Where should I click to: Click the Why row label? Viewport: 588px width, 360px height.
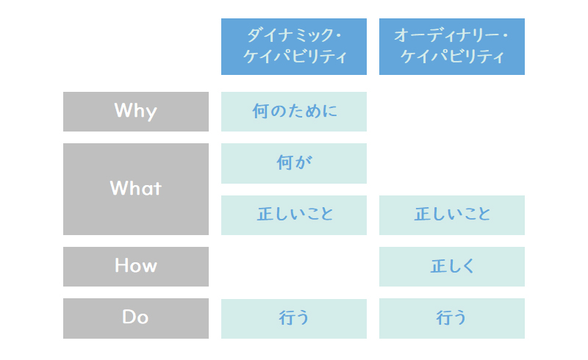click(136, 112)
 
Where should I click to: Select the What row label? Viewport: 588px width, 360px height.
click(136, 189)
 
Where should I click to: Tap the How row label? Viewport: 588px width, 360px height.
click(136, 267)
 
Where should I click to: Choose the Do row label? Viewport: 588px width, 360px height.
click(136, 318)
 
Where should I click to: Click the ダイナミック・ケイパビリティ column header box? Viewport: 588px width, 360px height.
click(293, 46)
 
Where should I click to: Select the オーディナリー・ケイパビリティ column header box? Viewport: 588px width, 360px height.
click(452, 46)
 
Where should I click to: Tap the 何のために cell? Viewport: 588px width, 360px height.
click(293, 112)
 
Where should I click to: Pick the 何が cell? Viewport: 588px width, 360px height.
click(293, 163)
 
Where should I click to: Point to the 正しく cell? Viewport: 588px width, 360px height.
click(452, 267)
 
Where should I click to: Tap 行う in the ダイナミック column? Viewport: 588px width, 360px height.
click(293, 319)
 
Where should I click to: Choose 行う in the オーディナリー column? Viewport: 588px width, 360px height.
click(452, 318)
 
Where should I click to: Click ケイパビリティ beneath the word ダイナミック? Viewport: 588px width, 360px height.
click(295, 57)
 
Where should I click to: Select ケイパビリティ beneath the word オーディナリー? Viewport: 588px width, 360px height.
click(452, 57)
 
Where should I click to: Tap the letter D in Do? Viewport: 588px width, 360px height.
click(128, 317)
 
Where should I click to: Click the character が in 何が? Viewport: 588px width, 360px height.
click(303, 163)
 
